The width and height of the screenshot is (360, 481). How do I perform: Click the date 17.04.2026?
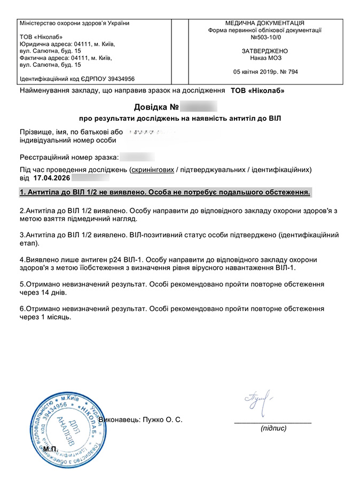pos(51,177)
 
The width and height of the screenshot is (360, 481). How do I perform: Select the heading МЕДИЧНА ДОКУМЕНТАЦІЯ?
pos(265,24)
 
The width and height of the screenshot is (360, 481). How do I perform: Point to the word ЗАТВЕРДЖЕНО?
pos(265,51)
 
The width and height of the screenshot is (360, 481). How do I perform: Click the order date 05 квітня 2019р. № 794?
pos(265,72)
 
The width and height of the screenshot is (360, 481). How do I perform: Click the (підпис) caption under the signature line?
pos(273,429)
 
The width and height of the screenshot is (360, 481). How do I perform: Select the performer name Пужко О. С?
pos(162,420)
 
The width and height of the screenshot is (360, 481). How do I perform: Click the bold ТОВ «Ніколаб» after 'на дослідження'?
pos(257,90)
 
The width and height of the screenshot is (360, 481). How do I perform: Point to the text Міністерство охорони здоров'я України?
pos(74,24)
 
